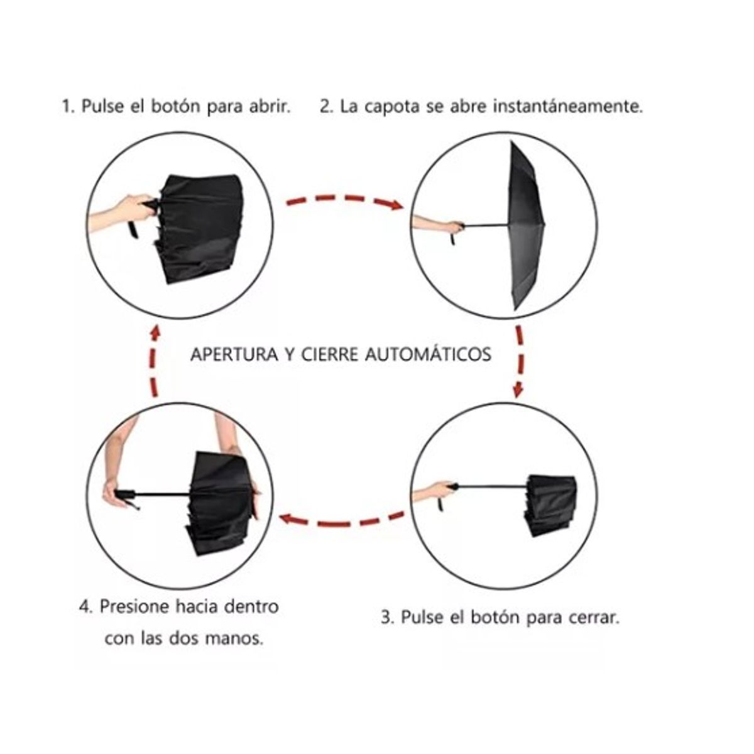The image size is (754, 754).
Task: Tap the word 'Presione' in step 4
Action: coord(134,606)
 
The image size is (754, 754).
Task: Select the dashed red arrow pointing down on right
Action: coord(519,361)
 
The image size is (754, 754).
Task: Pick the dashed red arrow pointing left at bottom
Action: coord(342,520)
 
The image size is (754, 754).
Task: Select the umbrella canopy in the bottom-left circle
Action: coord(220,503)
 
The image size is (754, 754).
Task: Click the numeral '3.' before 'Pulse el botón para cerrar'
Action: coord(388,617)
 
